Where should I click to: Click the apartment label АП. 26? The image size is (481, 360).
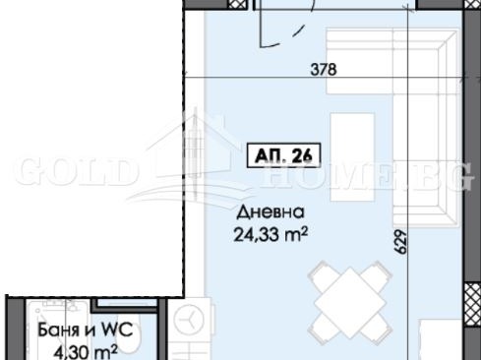(x=283, y=155)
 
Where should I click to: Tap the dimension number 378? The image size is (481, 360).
(x=324, y=70)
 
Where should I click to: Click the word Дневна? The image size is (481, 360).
(x=271, y=212)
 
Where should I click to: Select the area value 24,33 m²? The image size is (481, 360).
(x=271, y=234)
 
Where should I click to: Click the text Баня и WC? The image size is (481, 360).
(x=86, y=330)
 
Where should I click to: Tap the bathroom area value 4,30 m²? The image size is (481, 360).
(x=86, y=352)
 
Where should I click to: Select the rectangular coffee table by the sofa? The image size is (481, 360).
(x=352, y=156)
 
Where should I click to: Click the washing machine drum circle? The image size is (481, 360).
(x=189, y=320)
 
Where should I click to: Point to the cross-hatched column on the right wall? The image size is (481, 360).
(x=472, y=305)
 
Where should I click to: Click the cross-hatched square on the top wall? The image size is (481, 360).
(x=237, y=4)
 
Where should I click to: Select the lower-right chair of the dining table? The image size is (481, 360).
(x=377, y=328)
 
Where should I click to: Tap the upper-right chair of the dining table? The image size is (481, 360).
(x=378, y=274)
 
